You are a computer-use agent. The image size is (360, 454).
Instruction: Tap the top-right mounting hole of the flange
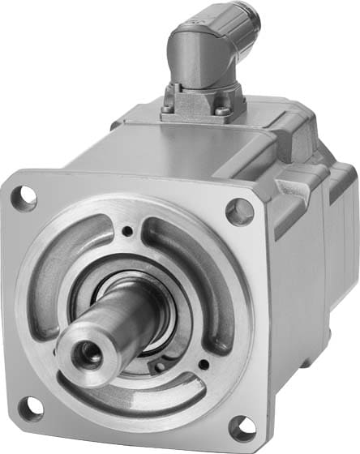pyautogui.click(x=239, y=212)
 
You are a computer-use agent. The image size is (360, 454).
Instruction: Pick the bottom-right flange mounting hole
pyautogui.click(x=242, y=426)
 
